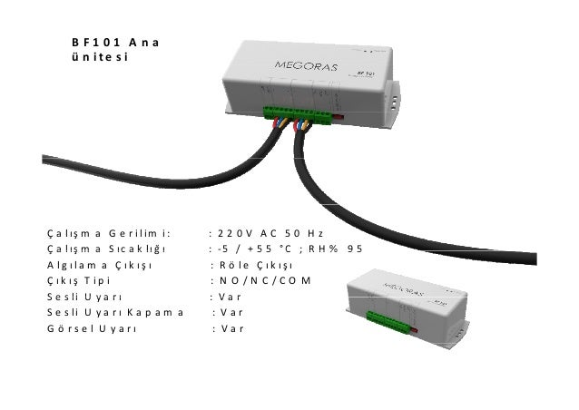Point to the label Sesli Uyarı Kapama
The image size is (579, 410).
(114, 312)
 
